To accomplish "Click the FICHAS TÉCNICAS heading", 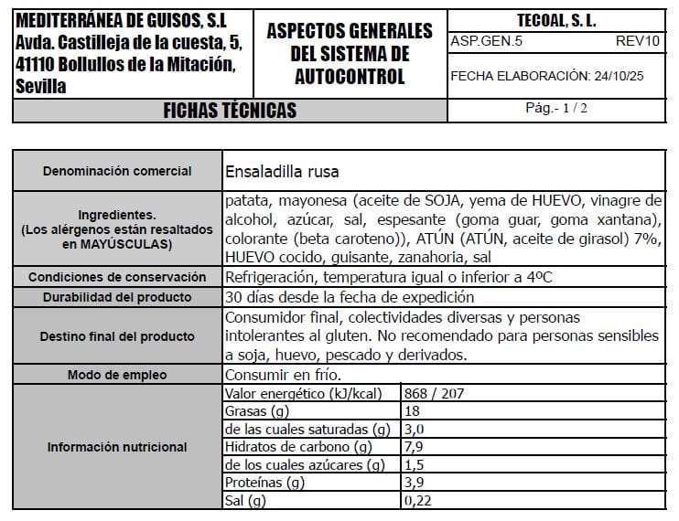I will click(230, 111).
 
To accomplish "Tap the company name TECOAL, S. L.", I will click(555, 21).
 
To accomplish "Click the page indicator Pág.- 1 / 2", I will click(555, 108).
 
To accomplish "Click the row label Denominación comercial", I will click(118, 171).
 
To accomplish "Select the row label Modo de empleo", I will click(118, 375).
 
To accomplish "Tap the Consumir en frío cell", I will click(283, 375).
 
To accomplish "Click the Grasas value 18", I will click(412, 411).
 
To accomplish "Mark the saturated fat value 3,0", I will click(415, 430).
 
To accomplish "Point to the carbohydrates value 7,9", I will click(415, 447).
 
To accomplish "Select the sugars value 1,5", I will click(414, 465).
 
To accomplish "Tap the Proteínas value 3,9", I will click(414, 483).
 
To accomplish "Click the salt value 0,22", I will click(417, 500).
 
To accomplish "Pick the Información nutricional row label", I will click(118, 447).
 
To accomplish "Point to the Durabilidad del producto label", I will click(118, 297).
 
